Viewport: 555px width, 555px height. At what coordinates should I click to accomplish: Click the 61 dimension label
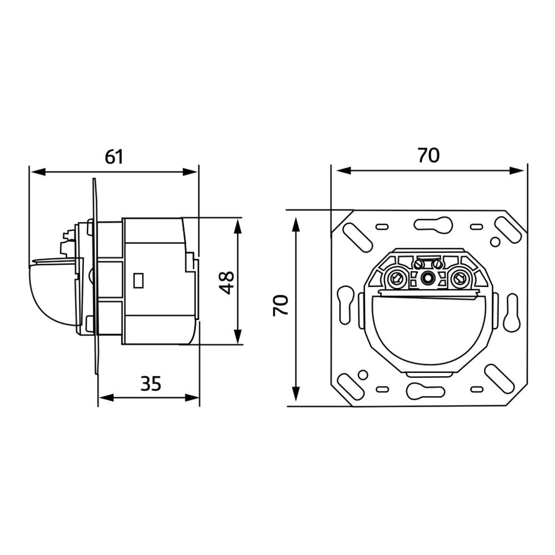pos(114,157)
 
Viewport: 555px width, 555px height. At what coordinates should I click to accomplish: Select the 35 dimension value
pos(150,384)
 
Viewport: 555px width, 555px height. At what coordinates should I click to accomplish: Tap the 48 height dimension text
pos(225,282)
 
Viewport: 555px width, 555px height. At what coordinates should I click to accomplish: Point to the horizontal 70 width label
pos(428,155)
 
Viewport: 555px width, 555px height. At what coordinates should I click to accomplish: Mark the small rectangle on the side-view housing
pos(139,280)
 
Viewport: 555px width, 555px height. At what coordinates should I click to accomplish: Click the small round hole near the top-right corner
pos(495,241)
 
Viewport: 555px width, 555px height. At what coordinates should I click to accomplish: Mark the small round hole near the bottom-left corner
pos(362,375)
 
